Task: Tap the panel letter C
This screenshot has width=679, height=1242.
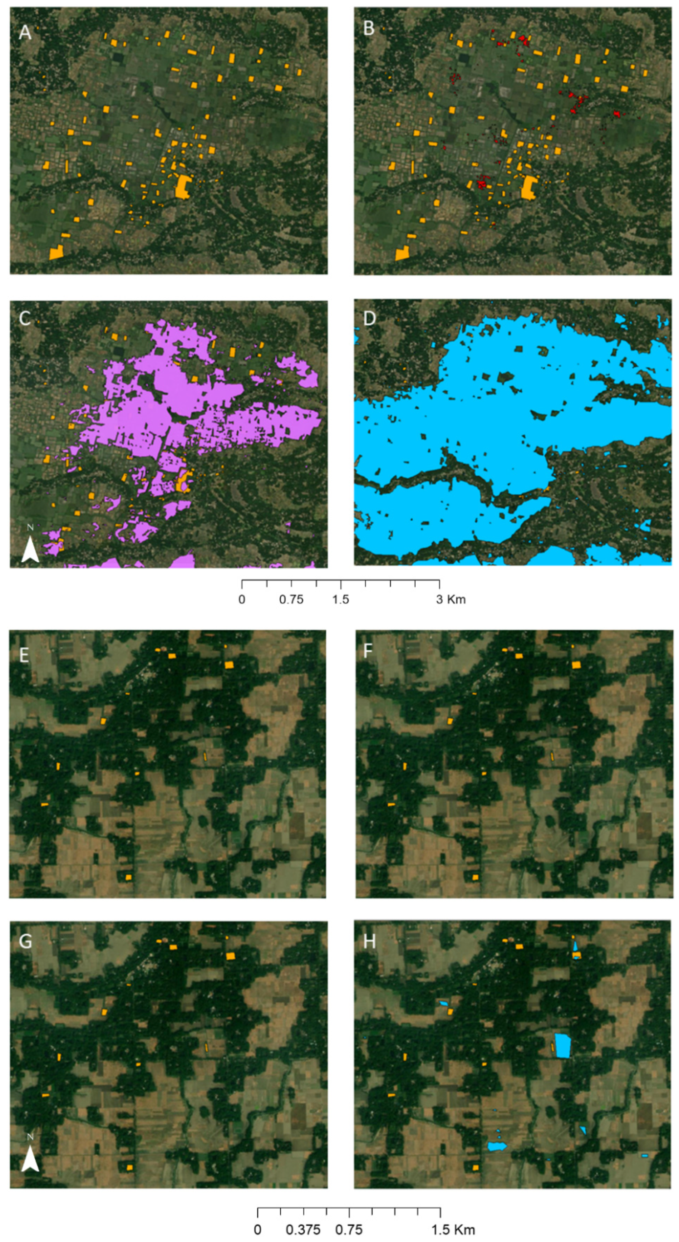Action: click(x=25, y=318)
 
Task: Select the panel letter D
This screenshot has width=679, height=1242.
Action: click(x=369, y=319)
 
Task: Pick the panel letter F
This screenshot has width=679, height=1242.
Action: click(x=368, y=652)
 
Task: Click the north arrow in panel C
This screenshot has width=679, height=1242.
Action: click(x=30, y=545)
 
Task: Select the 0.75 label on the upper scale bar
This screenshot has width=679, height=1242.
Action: click(x=291, y=599)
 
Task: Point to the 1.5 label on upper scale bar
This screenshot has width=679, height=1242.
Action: click(x=340, y=599)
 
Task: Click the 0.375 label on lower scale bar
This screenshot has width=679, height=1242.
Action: click(x=302, y=1229)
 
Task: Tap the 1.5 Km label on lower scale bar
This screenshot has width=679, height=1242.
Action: click(x=453, y=1229)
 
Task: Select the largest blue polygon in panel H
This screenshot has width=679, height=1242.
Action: click(x=562, y=1045)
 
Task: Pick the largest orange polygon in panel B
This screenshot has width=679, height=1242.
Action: click(x=529, y=187)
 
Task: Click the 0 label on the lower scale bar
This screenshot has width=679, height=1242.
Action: click(x=258, y=1229)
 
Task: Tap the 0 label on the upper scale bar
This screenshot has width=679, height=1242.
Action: click(x=242, y=599)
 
